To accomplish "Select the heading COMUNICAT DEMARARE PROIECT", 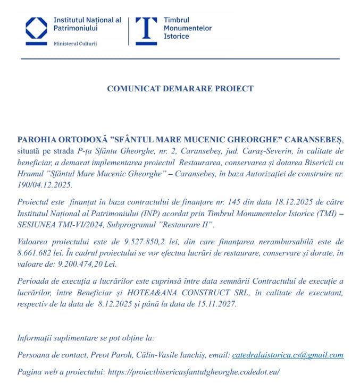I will point(180,89).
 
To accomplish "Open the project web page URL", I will point(194,372).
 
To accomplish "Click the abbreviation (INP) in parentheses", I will point(139,212).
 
